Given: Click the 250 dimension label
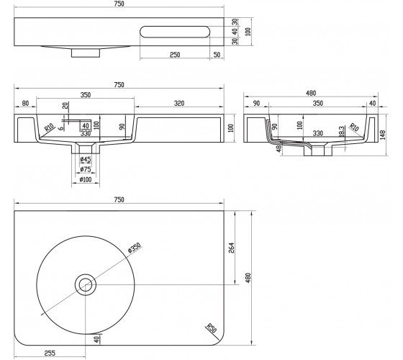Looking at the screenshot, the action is point(175,55).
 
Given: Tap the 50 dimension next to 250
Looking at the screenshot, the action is point(217,55).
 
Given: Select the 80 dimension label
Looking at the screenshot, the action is point(25,104).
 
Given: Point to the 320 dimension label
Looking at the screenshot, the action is point(179,104).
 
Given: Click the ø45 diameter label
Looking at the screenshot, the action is point(86,160).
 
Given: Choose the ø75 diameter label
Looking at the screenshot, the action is point(86,169).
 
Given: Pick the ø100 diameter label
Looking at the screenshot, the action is point(86,179).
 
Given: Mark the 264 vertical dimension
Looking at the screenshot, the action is point(232,248).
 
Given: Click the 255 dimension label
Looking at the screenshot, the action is point(50,353).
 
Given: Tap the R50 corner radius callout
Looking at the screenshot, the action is point(212,328).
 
